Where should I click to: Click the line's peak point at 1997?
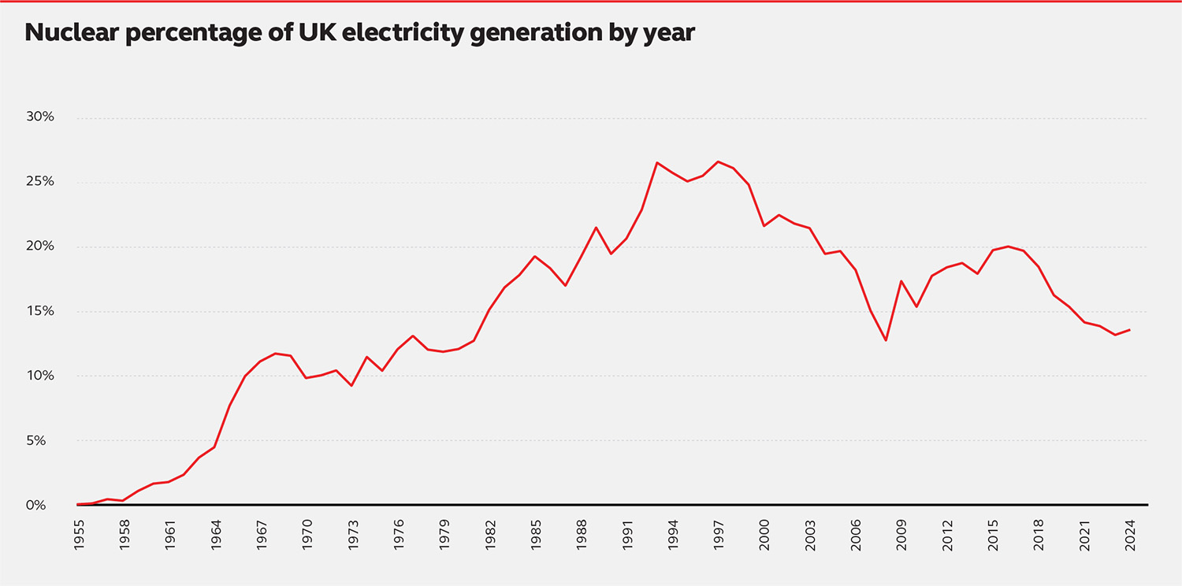718,161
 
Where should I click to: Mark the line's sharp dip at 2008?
886,340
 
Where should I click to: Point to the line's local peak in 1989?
597,228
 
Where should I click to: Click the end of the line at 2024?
1130,329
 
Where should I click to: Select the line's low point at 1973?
351,385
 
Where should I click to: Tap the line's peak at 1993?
657,162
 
